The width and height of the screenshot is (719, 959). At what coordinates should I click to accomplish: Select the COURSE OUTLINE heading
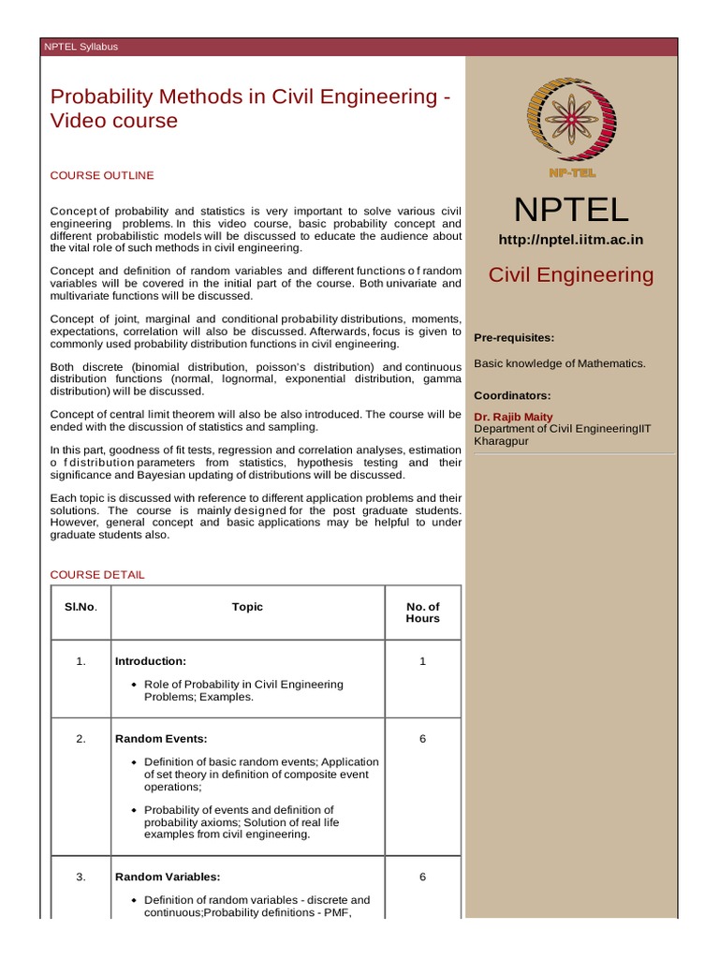click(102, 175)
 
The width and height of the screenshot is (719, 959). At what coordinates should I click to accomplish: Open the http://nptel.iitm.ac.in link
click(570, 240)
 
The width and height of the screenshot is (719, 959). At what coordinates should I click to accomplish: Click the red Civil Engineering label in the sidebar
click(571, 274)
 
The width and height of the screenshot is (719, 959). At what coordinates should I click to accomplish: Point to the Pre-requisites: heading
click(514, 337)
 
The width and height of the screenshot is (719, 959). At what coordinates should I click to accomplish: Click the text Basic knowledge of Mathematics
click(560, 362)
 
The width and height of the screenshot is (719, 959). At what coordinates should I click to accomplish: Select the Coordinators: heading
click(512, 395)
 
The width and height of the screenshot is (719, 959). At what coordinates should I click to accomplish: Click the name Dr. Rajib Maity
click(513, 417)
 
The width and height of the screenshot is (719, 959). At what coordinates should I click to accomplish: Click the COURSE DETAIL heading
click(97, 574)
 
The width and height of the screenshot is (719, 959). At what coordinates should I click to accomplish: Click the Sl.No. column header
click(81, 607)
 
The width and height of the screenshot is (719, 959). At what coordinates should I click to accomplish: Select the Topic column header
click(247, 607)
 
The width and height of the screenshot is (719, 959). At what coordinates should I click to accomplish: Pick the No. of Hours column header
click(422, 612)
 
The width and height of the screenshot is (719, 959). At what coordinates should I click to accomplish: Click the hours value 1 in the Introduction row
click(422, 661)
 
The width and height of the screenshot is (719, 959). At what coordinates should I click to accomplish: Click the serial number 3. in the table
click(81, 878)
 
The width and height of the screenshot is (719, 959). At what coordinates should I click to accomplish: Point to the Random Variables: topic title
click(167, 878)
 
